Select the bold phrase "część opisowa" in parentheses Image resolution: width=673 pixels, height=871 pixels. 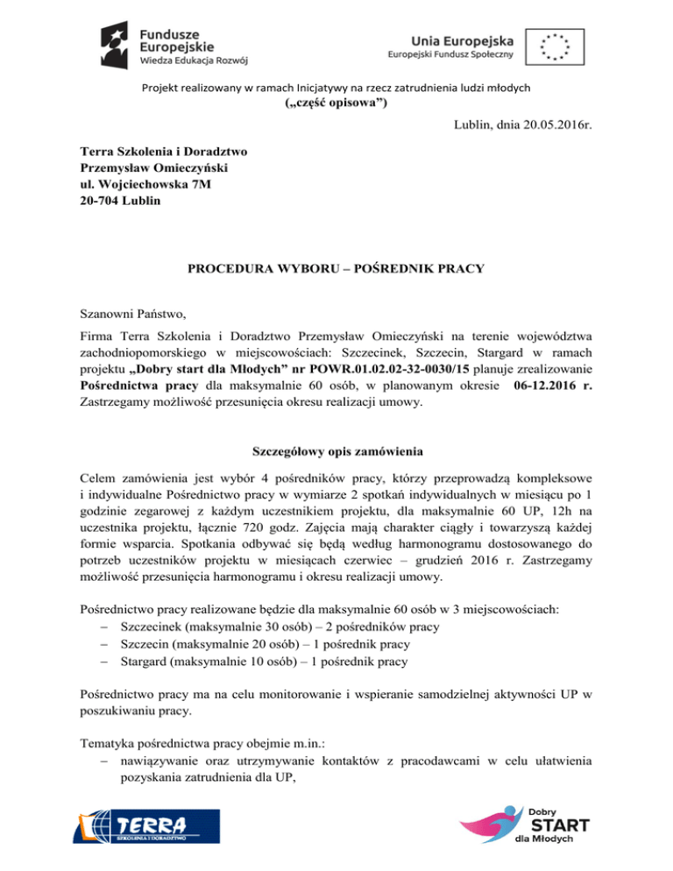point(336,103)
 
